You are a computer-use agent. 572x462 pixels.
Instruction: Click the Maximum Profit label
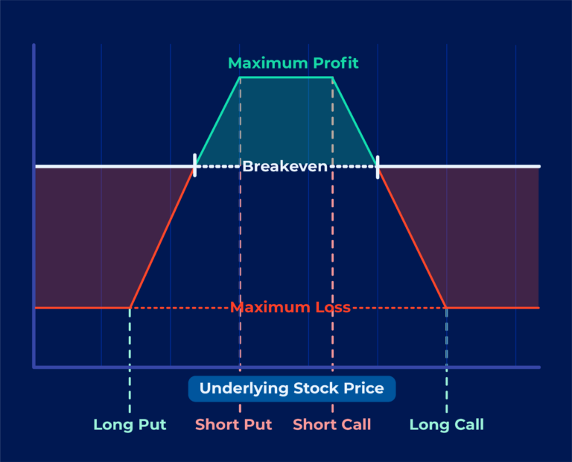click(293, 63)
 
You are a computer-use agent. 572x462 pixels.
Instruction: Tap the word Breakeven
click(285, 166)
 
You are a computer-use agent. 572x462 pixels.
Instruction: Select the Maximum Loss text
click(290, 307)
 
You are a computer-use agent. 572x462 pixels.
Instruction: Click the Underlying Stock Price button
click(292, 389)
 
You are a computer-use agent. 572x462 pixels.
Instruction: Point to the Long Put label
click(130, 425)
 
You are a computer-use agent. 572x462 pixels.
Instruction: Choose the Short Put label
click(233, 425)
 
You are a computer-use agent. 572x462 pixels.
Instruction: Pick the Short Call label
click(332, 425)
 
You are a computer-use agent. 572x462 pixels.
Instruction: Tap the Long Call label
click(447, 425)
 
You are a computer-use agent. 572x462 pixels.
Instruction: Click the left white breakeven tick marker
click(195, 165)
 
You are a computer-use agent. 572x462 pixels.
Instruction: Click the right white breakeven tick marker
click(378, 167)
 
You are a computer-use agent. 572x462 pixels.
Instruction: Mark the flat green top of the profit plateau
click(286, 77)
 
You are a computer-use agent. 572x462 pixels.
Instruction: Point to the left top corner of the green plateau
click(240, 77)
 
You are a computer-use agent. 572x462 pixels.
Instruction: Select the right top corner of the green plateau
click(332, 77)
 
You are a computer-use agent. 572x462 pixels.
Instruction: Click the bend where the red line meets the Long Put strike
click(130, 308)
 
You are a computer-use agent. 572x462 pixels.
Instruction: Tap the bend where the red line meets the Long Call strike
click(446, 308)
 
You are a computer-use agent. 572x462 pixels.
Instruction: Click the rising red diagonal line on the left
click(162, 237)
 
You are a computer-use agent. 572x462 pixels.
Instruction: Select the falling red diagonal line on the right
click(412, 237)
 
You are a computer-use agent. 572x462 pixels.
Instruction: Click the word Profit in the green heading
click(336, 63)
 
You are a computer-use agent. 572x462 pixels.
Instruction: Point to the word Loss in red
click(333, 307)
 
